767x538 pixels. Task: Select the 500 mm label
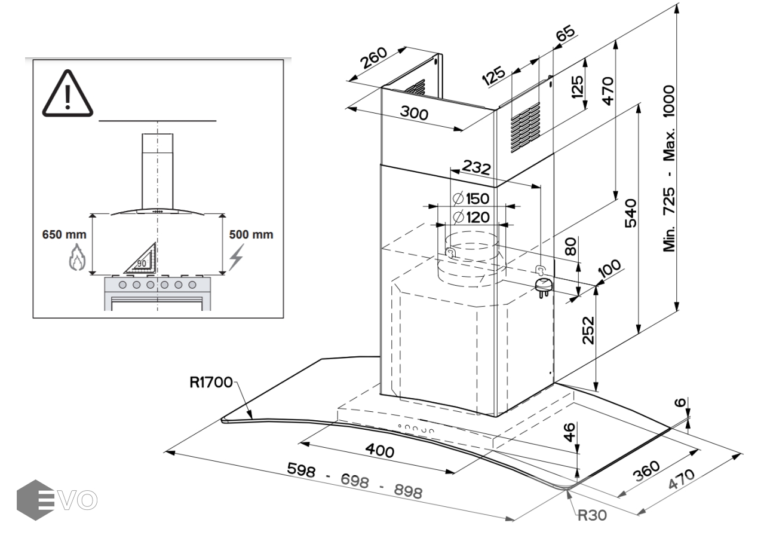pos(251,234)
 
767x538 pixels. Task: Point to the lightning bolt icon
pos(238,258)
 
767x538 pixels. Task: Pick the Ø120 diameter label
pos(471,218)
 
